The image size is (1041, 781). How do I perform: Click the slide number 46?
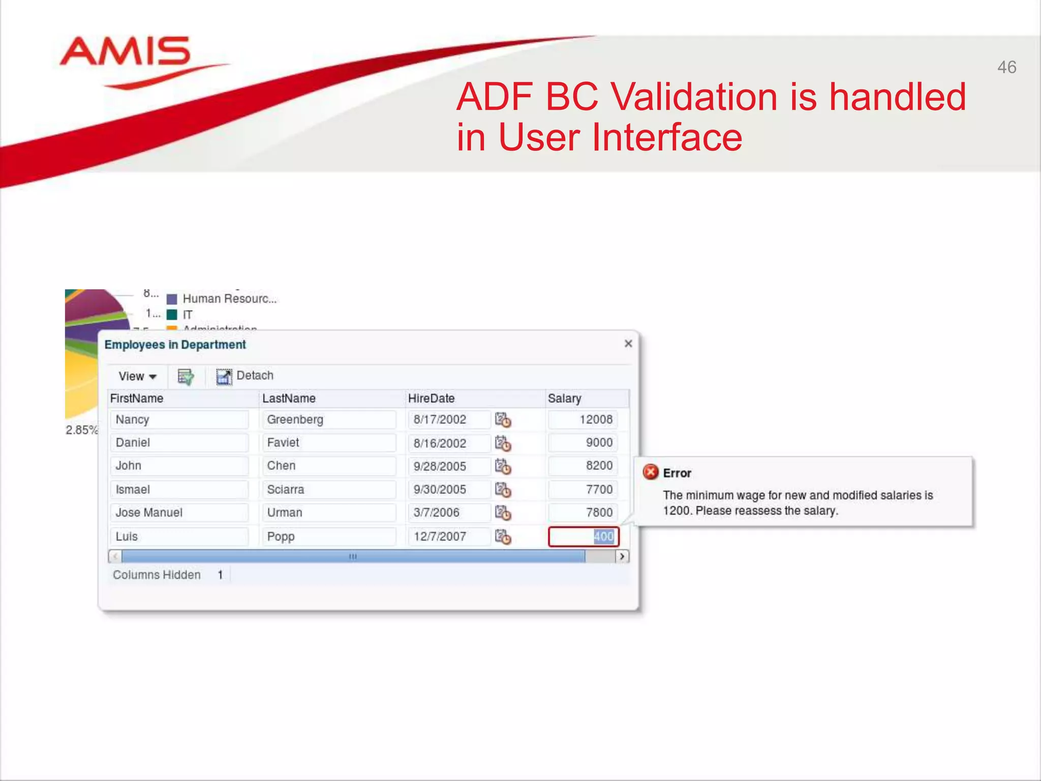(1006, 67)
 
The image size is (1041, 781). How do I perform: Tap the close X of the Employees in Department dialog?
(628, 344)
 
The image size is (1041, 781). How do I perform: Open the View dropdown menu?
(137, 376)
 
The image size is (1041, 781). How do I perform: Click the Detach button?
(246, 376)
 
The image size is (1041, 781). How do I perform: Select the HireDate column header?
(431, 398)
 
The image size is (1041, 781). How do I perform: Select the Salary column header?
(564, 398)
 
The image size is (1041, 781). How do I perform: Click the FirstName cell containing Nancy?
(179, 419)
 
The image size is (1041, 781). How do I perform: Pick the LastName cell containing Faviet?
(328, 442)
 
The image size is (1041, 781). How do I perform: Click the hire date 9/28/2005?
(440, 466)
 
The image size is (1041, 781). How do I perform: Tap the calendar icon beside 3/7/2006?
(503, 513)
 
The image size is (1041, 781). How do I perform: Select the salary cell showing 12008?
(583, 419)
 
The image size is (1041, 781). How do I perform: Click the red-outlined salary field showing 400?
(583, 536)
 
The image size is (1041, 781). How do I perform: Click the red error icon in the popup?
(651, 472)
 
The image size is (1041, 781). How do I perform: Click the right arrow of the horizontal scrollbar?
(622, 556)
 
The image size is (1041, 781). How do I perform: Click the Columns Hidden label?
(157, 575)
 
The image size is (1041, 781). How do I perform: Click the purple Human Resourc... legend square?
(172, 299)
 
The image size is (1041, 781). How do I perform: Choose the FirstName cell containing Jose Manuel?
(179, 513)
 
